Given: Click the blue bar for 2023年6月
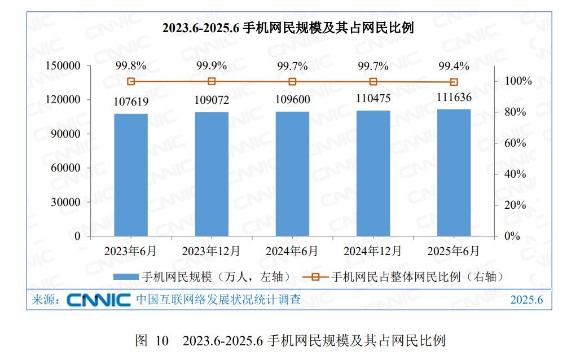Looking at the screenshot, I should coord(131,175).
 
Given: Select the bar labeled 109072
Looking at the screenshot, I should coord(212,174).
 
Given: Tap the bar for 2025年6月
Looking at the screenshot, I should coord(454,172).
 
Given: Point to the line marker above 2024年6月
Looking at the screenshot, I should coord(292,82).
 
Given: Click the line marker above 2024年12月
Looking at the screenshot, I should coord(373,82).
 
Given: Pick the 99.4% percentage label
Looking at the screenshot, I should coord(454,66).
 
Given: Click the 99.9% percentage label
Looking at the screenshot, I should coord(212,65).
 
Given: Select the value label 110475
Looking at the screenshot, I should coord(373,98).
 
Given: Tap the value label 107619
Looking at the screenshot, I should coord(131,102).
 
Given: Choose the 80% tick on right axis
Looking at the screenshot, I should coord(514,112).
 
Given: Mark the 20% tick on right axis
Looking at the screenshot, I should coord(514,205).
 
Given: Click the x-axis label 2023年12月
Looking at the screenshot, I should coord(212,250).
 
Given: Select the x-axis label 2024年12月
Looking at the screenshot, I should coord(373,250).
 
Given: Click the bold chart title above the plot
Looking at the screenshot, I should coord(288,28).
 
